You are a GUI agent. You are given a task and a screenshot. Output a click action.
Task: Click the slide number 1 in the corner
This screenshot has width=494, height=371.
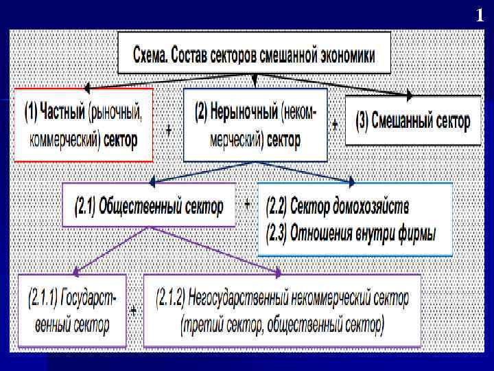pos(480,15)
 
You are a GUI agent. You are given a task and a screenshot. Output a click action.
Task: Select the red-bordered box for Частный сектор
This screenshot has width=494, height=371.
pos(84,125)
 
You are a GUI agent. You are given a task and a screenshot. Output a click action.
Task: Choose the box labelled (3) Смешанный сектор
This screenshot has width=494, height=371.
pos(413,122)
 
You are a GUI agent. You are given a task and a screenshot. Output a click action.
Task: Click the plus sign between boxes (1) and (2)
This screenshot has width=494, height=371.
pos(169,130)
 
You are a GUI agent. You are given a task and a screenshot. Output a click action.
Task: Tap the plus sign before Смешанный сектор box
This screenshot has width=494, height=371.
pos(335,125)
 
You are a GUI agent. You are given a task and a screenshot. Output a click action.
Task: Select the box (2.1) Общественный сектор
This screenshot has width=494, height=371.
pos(149,205)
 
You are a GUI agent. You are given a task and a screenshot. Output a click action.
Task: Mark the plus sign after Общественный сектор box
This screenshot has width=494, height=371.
pos(247,204)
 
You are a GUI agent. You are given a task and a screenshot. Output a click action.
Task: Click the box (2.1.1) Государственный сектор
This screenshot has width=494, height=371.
pos(72,311)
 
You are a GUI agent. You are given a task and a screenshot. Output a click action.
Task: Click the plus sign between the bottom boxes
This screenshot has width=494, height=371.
pos(134,311)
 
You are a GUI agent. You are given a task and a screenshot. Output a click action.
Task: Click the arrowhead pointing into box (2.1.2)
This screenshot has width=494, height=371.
pos(279,273)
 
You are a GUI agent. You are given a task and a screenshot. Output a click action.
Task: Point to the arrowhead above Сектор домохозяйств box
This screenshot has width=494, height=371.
pos(351,183)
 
